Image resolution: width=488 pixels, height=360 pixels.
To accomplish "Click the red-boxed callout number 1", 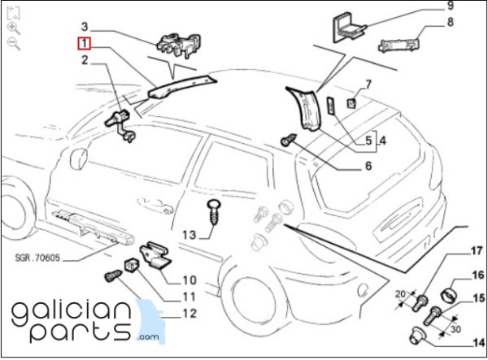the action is click(x=84, y=43).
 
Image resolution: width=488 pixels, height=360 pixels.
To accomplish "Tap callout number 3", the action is click(x=85, y=27).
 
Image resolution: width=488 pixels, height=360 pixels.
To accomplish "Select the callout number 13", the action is click(x=189, y=235).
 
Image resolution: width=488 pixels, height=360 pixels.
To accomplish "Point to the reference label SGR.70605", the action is click(x=37, y=258).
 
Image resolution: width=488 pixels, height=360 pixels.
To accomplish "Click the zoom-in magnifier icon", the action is click(x=14, y=28).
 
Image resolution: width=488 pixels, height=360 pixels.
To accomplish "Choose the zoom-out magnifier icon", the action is click(x=14, y=43).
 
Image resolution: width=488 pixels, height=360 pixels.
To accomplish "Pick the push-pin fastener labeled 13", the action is click(x=214, y=212).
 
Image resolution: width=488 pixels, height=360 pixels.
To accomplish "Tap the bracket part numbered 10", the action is click(x=155, y=254).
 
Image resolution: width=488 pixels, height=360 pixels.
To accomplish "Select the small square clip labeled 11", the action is click(x=131, y=265).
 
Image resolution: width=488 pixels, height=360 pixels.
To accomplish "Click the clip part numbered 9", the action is click(x=349, y=27).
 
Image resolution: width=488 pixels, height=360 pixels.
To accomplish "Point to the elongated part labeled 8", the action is click(x=399, y=45).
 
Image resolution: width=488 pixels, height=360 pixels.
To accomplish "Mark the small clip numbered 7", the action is click(x=351, y=103).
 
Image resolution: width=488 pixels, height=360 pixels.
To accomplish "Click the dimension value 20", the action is click(x=401, y=294).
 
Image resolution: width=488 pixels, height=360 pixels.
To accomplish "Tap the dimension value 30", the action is click(x=455, y=328).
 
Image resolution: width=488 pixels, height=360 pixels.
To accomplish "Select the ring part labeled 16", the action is click(x=450, y=295).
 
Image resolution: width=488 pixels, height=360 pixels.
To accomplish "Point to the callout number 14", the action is click(x=479, y=343).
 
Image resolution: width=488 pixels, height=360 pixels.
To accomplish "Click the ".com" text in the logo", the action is click(x=147, y=337).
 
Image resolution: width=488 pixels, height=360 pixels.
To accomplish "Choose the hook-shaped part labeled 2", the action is click(x=120, y=126).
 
